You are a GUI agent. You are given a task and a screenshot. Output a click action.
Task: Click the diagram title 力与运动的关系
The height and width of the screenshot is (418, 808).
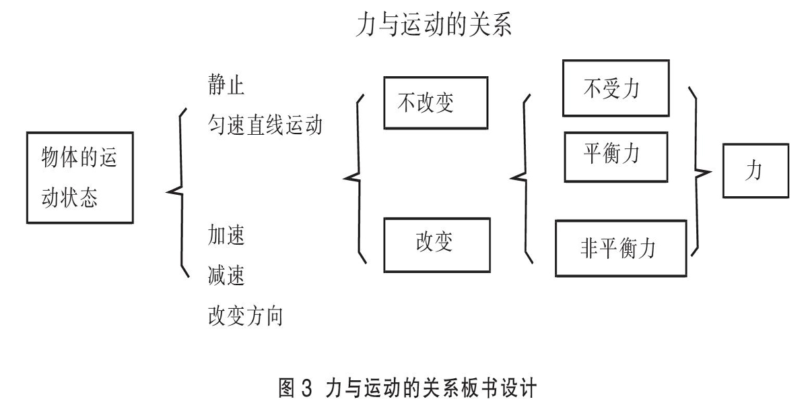pyautogui.click(x=434, y=24)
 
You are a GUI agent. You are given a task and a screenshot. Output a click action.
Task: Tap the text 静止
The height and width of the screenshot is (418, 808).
pyautogui.click(x=226, y=85)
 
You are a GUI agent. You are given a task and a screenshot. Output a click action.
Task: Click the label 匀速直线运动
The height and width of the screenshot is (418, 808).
pyautogui.click(x=265, y=125)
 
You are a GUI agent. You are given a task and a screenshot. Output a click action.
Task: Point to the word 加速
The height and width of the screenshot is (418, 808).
pyautogui.click(x=226, y=235)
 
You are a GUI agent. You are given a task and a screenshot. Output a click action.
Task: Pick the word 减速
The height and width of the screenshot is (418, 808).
pyautogui.click(x=226, y=275)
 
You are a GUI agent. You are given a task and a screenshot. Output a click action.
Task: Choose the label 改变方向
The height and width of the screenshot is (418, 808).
pyautogui.click(x=245, y=316)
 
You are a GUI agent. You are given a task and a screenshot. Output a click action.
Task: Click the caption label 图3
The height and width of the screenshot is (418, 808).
pyautogui.click(x=295, y=388)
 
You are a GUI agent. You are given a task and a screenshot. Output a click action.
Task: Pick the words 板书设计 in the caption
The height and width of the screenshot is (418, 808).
pyautogui.click(x=494, y=388)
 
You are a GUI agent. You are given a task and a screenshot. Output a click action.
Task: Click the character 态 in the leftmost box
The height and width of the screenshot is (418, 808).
pyautogui.click(x=88, y=198)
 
